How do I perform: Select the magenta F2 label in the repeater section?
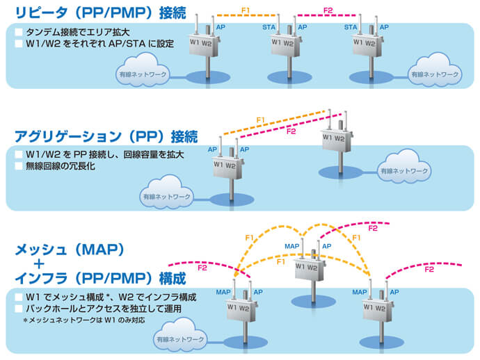pyautogui.click(x=328, y=9)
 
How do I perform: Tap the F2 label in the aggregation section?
pyautogui.click(x=291, y=131)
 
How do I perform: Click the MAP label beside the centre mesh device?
pyautogui.click(x=293, y=246)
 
